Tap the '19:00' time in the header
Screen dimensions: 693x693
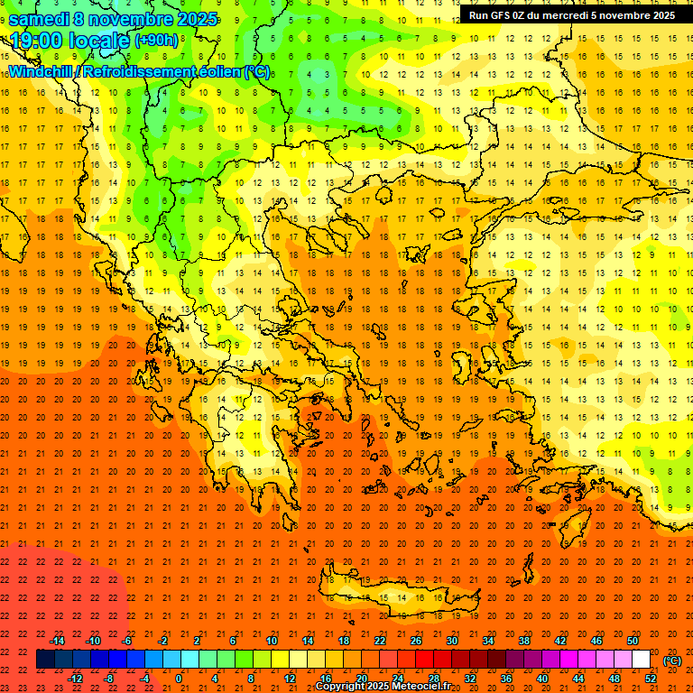37,41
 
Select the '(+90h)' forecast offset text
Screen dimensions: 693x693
156,41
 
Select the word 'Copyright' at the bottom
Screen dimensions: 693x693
340,687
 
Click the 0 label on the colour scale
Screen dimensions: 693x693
179,679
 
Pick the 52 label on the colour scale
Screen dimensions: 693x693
650,679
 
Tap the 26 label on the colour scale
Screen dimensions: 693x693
415,641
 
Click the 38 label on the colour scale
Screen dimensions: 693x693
523,641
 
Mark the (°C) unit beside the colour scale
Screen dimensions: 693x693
672,661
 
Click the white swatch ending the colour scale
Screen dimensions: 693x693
642,660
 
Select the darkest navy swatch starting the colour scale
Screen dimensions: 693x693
45,660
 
